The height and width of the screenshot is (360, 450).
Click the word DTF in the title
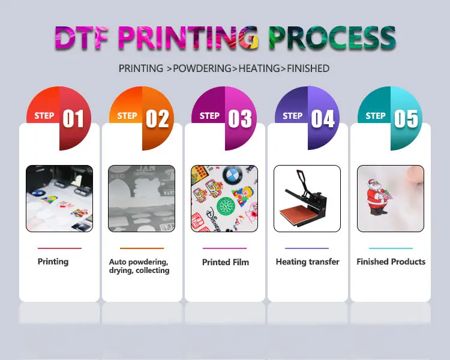pos(85,38)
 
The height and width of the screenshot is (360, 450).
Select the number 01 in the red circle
pos(73,119)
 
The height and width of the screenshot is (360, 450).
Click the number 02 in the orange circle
pos(157,119)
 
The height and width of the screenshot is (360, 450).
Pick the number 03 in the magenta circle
pos(239,119)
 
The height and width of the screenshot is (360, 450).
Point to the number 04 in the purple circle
pos(323,119)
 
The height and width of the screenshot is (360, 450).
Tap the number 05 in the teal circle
pos(406,119)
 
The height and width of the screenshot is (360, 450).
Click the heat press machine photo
pos(307,199)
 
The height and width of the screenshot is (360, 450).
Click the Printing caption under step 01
pos(53,262)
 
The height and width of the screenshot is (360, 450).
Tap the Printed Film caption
pos(225,262)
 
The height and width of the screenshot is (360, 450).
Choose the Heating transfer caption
pos(307,262)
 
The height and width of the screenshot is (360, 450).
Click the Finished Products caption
pos(391,262)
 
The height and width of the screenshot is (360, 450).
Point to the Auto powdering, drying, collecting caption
pos(139,266)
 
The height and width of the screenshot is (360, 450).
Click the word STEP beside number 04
pos(293,116)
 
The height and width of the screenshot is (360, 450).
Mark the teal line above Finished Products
pos(391,248)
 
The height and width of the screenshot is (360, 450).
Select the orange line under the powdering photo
pos(142,248)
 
